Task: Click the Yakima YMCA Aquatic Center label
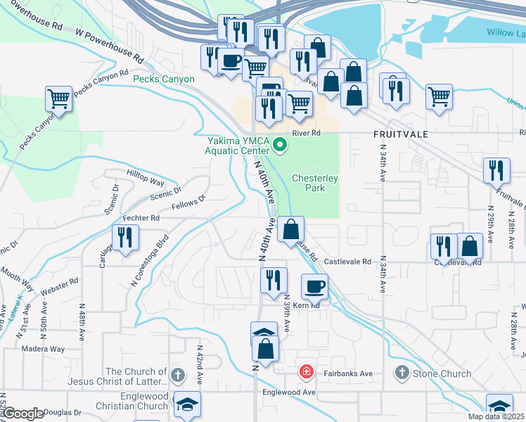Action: click(x=237, y=145)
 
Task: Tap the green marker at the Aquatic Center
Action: click(x=280, y=146)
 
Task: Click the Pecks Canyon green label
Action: click(x=164, y=79)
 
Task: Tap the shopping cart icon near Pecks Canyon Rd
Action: click(x=59, y=98)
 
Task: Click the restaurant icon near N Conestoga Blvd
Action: click(x=125, y=237)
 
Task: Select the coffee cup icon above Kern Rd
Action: click(x=314, y=286)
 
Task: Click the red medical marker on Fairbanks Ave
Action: click(x=306, y=371)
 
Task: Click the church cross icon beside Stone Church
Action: click(x=402, y=372)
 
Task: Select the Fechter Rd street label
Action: click(x=141, y=219)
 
